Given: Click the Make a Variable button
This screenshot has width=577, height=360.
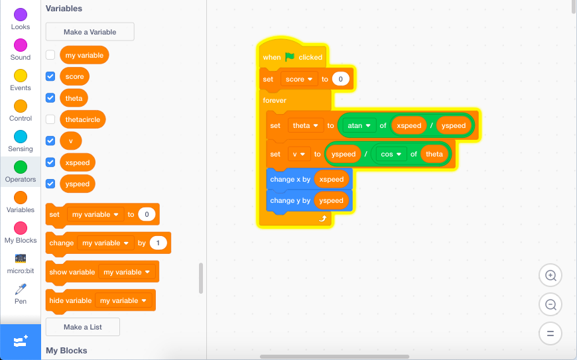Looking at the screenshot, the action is coord(90,32).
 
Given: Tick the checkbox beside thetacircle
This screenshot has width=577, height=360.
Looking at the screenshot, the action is coord(50,119).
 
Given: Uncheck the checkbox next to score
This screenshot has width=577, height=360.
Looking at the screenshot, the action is coord(50,76).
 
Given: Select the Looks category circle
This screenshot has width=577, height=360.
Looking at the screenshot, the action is coord(21,15).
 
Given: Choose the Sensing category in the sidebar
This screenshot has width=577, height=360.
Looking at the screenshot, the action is coord(21,137).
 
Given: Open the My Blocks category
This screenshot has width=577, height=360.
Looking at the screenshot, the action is coord(21,228).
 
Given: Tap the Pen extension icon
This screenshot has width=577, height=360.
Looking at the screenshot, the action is coord(21,289).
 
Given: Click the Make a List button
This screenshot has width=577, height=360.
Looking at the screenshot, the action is coord(83,327).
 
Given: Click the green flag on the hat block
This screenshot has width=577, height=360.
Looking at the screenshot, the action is coord(290,57).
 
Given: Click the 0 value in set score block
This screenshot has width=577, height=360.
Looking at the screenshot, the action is coord(340,79).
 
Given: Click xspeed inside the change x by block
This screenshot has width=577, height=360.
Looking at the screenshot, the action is coord(331,179).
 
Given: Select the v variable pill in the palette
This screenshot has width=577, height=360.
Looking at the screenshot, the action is coord(70,141).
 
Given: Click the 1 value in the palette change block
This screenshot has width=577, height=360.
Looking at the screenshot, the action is coord(158,243).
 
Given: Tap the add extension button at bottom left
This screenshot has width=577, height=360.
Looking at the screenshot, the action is coord(21,341).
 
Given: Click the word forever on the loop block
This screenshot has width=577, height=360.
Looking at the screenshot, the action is coord(275,100).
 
